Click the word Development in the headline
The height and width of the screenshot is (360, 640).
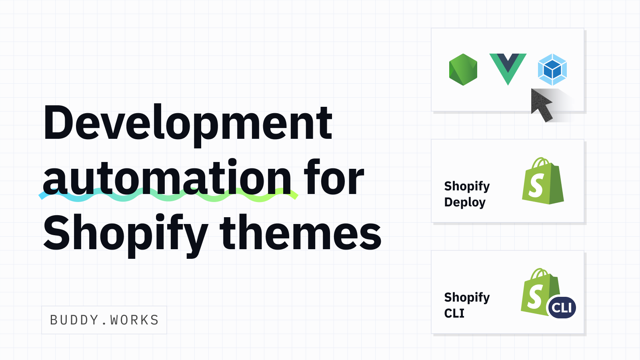(188, 125)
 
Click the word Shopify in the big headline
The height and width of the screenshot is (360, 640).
(126, 235)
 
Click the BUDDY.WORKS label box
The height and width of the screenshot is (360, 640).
(104, 320)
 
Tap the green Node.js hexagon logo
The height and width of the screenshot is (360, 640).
(463, 70)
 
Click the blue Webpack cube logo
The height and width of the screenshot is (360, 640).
(552, 70)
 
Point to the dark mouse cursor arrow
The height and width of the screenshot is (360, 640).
(540, 104)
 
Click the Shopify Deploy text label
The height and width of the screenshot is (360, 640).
(467, 194)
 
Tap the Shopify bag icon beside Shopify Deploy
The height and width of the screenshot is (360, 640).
(543, 180)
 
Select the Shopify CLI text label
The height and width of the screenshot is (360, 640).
(467, 305)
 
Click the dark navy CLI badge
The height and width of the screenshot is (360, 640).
(562, 308)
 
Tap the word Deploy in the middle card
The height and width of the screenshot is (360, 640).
(465, 202)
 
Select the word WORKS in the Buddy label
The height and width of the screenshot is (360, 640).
(134, 320)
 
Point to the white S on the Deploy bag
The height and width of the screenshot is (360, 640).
(536, 186)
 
